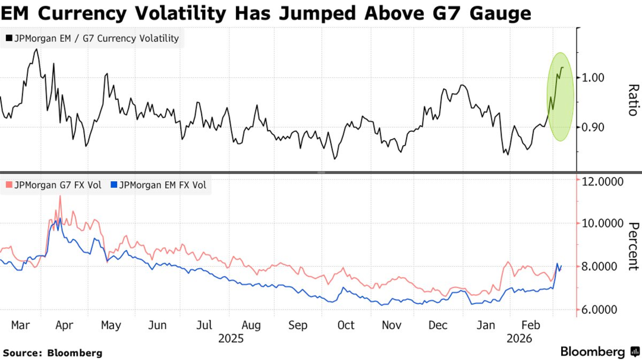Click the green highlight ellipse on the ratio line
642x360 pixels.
(x=560, y=97)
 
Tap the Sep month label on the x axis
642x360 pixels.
(x=298, y=325)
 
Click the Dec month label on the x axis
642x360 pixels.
(x=438, y=325)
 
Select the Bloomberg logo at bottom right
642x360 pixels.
(x=597, y=352)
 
